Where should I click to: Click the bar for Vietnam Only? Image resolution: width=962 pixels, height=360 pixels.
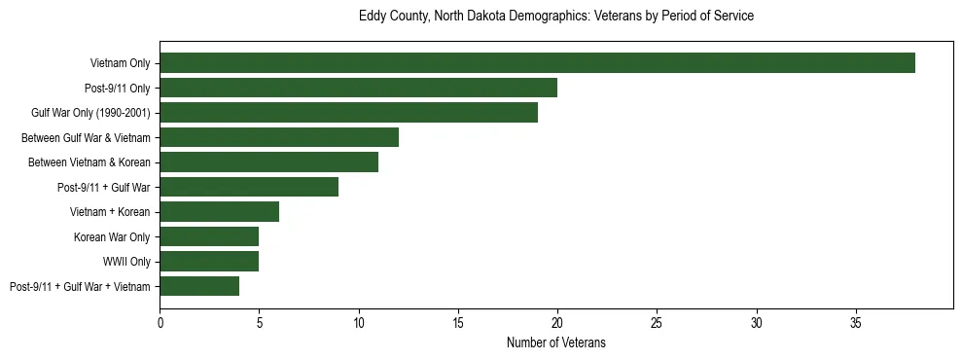coord(537,63)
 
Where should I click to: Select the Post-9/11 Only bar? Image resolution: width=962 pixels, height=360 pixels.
coord(358,88)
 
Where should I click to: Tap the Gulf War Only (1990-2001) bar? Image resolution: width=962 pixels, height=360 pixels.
coord(348,113)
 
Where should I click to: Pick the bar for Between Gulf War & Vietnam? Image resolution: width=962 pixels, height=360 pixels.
coord(279,137)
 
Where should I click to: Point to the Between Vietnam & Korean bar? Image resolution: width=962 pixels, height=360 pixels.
coord(268,162)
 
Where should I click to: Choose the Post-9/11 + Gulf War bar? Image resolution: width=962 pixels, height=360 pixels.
coord(249,187)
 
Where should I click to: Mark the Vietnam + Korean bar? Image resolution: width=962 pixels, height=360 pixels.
coord(219,211)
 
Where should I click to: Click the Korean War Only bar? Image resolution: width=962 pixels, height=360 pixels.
coord(209,236)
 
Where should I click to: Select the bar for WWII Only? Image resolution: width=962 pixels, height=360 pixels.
coord(209,261)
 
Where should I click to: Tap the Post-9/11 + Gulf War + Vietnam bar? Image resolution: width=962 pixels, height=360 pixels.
coord(199,286)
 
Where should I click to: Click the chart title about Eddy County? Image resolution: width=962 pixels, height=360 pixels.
coord(555,17)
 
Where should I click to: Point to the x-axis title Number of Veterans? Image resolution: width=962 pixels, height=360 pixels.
coord(555,342)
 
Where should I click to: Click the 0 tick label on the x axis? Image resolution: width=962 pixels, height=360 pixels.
coord(160,322)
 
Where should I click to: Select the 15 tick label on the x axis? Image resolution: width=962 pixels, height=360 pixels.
coord(458,322)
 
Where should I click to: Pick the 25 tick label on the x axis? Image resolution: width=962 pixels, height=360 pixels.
coord(657,322)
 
